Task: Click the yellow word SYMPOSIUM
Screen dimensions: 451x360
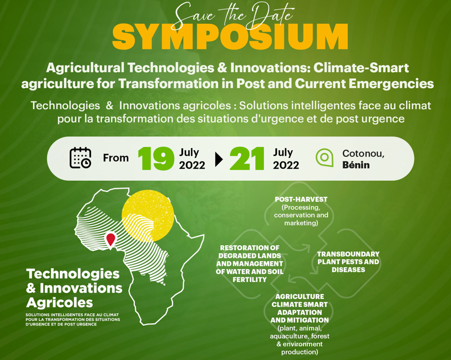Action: coord(230,37)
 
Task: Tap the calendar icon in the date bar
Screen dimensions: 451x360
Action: coord(80,158)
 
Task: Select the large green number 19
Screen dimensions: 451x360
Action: coord(156,159)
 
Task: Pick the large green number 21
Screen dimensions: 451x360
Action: coord(247,159)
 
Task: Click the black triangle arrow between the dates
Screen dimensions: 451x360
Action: coord(219,159)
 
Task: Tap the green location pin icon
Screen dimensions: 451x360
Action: coord(325,158)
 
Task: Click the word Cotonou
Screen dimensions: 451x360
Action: coord(363,153)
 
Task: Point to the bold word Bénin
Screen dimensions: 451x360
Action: coord(356,165)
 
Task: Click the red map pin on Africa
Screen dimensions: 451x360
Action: coord(111,239)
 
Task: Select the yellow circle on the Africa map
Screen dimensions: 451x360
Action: coord(148,215)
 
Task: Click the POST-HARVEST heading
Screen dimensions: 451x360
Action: coord(301,199)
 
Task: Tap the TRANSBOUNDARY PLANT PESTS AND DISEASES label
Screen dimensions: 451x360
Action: coord(348,262)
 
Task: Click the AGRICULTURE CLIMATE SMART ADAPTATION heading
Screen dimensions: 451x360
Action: coord(300,308)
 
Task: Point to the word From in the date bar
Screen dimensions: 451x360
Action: coord(115,158)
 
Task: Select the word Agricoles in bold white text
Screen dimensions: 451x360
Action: coord(59,302)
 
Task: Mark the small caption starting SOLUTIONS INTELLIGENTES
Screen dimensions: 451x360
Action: coord(73,320)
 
